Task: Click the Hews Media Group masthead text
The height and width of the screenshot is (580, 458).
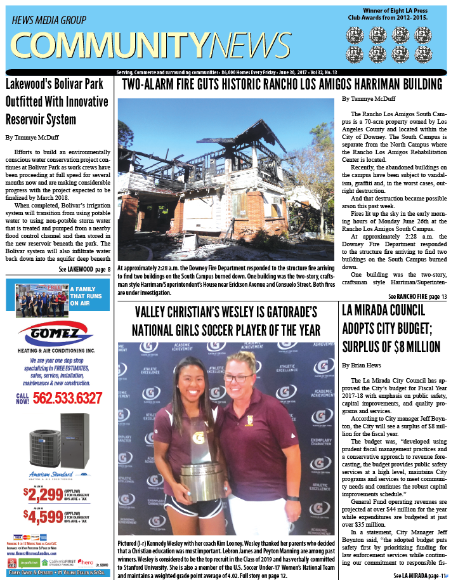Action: point(49,20)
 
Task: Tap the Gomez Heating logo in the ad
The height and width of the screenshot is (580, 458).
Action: point(59,335)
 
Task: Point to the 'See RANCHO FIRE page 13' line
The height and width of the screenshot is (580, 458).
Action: point(417,297)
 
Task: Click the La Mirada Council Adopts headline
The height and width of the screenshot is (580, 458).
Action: point(393,329)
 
